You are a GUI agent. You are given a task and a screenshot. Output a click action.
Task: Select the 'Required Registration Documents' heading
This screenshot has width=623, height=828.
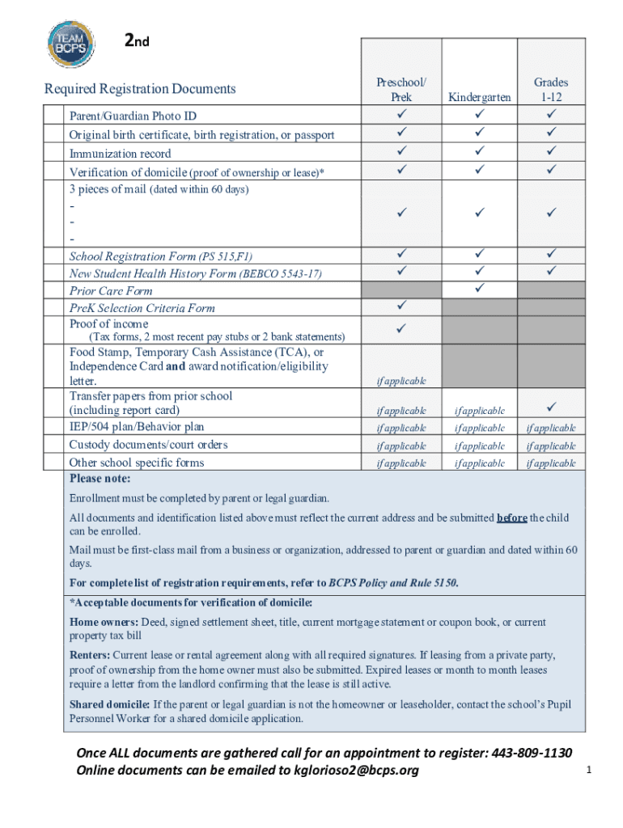pos(140,89)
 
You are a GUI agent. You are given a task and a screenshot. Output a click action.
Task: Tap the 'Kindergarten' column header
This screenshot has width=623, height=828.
pos(480,97)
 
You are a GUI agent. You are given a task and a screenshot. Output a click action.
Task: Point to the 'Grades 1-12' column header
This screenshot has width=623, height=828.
pos(551,89)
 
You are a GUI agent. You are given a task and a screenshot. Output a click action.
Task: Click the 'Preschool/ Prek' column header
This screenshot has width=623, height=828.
pos(401,89)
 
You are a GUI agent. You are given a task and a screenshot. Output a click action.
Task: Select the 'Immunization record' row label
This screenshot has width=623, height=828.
pos(121,153)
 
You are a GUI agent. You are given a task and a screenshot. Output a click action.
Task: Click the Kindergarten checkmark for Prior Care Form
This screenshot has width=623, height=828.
pos(480,288)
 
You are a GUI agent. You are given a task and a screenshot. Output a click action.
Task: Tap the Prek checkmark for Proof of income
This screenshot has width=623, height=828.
pos(401,329)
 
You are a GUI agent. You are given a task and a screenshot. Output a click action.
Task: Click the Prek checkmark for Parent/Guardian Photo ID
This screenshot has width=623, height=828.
pos(401,115)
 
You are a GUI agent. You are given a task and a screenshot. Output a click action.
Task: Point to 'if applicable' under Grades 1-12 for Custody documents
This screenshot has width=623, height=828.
pos(551,446)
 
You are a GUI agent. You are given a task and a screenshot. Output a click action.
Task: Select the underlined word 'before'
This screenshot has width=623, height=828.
pos(512,517)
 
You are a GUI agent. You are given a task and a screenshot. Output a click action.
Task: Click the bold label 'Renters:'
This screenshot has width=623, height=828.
pos(90,654)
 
